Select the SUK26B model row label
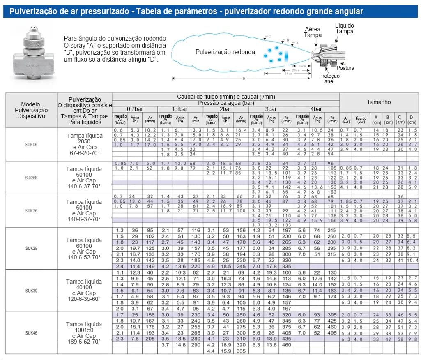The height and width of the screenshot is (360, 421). pyautogui.click(x=31, y=178)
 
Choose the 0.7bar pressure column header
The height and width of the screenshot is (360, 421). pyautogui.click(x=134, y=109)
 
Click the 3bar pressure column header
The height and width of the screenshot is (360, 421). pyautogui.click(x=271, y=109)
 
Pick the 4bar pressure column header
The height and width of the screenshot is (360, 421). pyautogui.click(x=316, y=109)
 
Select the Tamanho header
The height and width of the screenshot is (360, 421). pyautogui.click(x=379, y=102)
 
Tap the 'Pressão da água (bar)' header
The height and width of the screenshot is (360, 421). pyautogui.click(x=225, y=103)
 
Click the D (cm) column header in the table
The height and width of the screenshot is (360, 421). pyautogui.click(x=412, y=120)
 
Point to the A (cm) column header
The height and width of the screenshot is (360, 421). pyautogui.click(x=376, y=120)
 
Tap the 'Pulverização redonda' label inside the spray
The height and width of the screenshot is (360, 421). pyautogui.click(x=225, y=52)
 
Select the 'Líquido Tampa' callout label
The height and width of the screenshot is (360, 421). pyautogui.click(x=344, y=28)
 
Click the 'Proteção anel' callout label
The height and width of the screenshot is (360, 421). pyautogui.click(x=329, y=78)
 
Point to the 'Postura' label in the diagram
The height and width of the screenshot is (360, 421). pyautogui.click(x=345, y=68)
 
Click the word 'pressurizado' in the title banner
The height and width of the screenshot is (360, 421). pyautogui.click(x=102, y=11)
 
